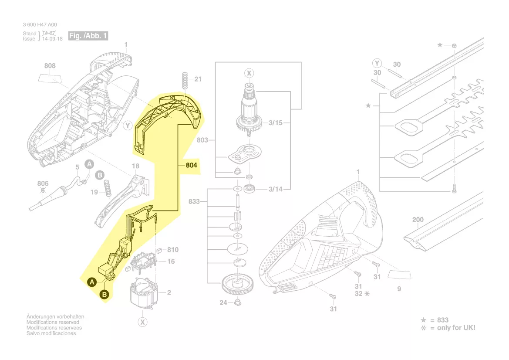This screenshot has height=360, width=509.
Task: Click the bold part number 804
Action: [192, 166]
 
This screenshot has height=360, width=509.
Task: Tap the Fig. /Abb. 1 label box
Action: [88, 36]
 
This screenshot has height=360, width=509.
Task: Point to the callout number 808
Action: [50, 66]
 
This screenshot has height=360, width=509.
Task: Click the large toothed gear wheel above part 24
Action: [238, 285]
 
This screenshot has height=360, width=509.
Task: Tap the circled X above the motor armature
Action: [249, 73]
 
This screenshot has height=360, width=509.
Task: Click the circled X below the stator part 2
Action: [142, 322]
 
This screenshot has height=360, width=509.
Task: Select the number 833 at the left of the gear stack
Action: [194, 201]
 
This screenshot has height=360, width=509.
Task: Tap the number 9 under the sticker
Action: [399, 289]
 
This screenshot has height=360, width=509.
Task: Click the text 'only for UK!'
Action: [456, 327]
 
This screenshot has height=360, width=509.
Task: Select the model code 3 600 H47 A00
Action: [40, 25]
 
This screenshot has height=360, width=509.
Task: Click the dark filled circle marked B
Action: [104, 295]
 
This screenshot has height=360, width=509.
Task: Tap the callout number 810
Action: [173, 250]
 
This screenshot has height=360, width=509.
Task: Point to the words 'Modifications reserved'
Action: [53, 322]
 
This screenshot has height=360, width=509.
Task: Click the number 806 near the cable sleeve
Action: [43, 184]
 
